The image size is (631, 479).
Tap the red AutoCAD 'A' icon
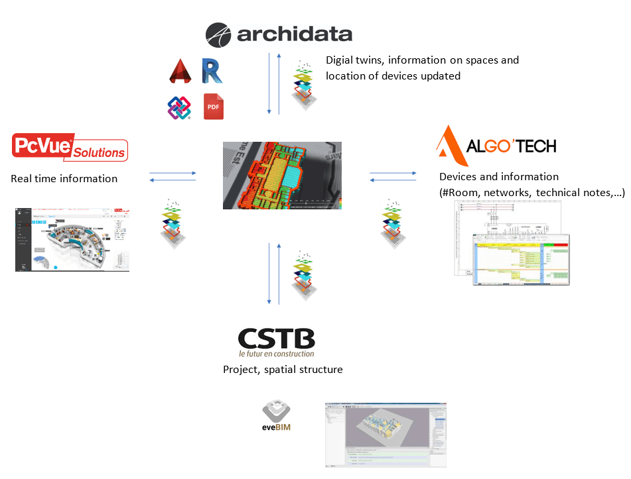click(178, 71)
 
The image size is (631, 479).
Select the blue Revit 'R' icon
click(212, 71)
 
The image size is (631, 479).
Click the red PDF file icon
click(214, 107)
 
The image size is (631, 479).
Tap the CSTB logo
click(276, 342)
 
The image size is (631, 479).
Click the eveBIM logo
click(277, 415)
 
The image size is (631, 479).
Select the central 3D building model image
click(282, 175)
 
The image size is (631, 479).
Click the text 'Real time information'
click(64, 179)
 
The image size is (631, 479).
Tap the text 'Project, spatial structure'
click(283, 370)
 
